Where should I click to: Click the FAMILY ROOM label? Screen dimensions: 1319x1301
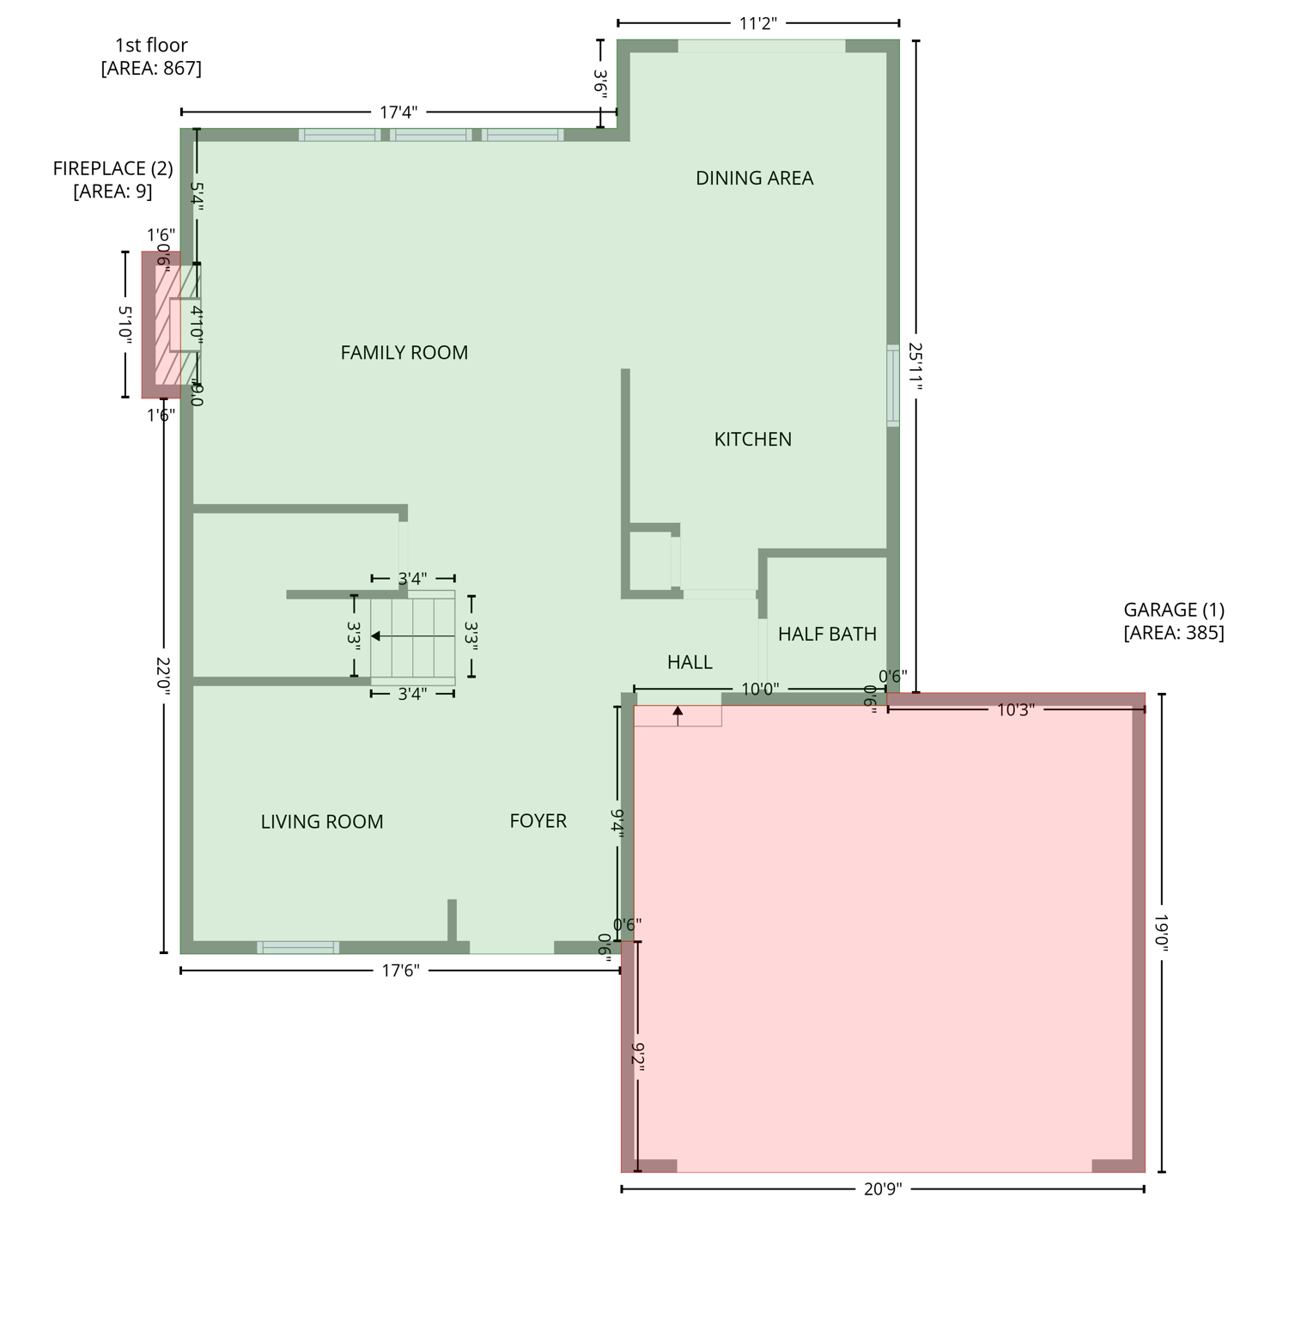(404, 353)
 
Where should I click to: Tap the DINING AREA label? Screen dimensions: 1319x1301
(754, 179)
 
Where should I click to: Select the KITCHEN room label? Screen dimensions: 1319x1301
(752, 440)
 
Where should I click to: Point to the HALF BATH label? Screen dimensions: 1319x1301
(827, 635)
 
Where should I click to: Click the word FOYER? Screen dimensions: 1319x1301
(538, 822)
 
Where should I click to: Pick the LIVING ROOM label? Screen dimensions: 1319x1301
(322, 823)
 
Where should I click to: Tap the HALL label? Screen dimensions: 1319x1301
(690, 662)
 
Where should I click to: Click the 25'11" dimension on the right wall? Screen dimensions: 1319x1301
(915, 368)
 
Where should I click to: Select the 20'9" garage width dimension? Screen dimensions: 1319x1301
(882, 1189)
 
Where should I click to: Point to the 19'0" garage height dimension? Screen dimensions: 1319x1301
(1161, 933)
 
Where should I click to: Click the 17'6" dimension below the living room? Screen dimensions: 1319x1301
(400, 971)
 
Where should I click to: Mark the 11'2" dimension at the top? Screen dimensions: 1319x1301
(757, 23)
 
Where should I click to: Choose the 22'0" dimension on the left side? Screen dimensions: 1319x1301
(164, 677)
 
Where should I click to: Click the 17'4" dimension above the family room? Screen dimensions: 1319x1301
(398, 112)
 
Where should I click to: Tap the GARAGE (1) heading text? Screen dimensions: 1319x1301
(1173, 611)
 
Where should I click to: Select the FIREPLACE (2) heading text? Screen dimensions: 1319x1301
(112, 169)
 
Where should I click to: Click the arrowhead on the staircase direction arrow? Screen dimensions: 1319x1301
(376, 636)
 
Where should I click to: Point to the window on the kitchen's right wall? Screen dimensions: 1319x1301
(893, 385)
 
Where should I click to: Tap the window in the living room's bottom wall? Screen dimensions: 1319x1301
(298, 947)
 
